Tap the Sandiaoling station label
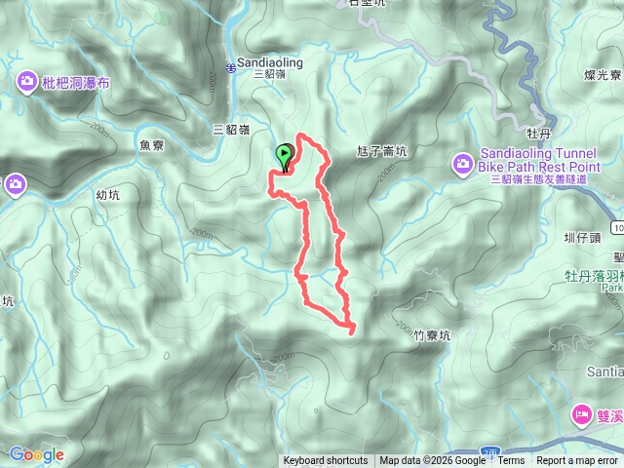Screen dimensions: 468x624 coord(270,62)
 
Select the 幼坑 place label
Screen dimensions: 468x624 coord(108,194)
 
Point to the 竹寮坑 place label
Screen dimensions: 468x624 coord(432,334)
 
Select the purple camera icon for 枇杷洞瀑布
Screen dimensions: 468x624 coord(26,82)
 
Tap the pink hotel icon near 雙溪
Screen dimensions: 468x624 coord(583,414)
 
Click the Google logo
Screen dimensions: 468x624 coord(37,454)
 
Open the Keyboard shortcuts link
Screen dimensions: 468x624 coord(326,461)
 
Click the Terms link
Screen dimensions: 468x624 coord(511,461)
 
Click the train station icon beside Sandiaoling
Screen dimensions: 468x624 coord(231,66)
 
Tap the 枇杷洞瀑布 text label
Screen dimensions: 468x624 coord(77,83)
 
